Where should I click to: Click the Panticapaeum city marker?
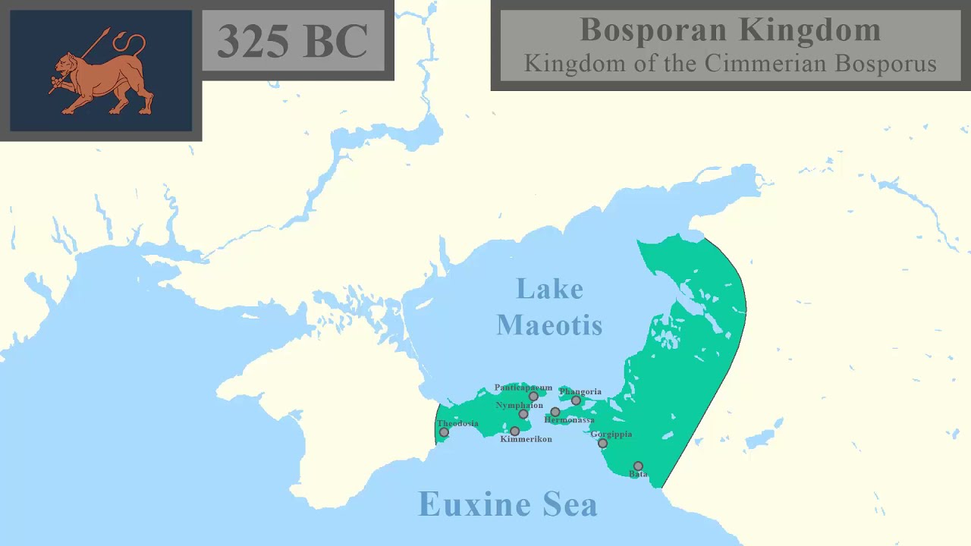pos(533,397)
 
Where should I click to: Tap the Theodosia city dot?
pos(444,432)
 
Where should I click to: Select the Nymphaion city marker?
pos(523,414)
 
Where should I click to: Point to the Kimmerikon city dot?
pos(514,431)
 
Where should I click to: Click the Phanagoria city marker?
pos(576,400)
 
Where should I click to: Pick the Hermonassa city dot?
pos(555,413)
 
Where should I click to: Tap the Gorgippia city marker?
pos(602,444)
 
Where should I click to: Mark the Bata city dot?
pos(638,466)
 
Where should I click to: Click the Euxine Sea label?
pos(507,504)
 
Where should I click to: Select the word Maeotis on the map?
pos(549,325)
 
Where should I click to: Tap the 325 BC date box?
pos(293,40)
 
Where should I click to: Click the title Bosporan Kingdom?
pos(730,30)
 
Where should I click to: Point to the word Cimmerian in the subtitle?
pos(766,64)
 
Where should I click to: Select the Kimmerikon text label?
pos(526,440)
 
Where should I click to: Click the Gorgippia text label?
pos(611,435)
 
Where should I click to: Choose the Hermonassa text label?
pos(570,420)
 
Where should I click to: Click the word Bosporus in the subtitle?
pos(885,64)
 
